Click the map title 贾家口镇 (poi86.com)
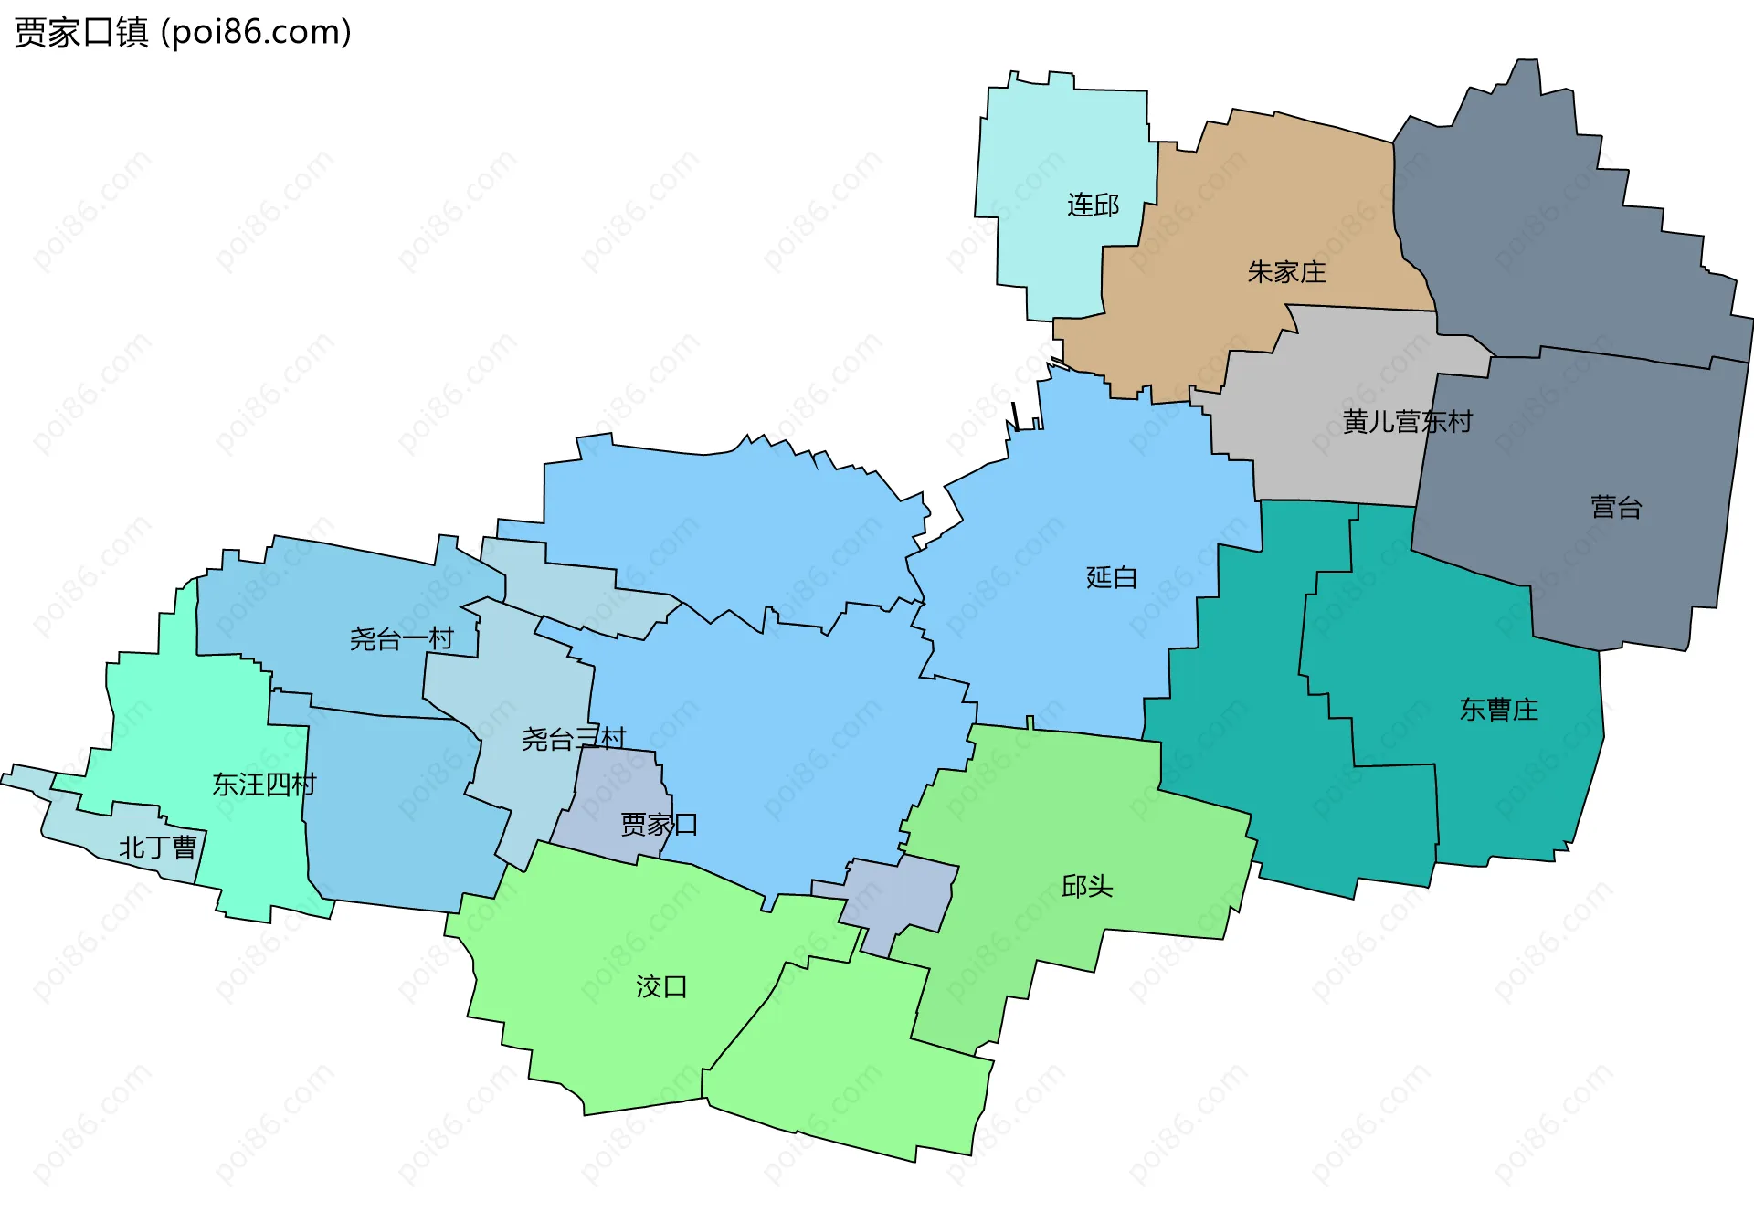pos(183,33)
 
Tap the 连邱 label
pos(1093,205)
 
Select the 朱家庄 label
pos(1286,272)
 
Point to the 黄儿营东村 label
pos(1407,422)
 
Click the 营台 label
pos(1616,508)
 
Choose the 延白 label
pos(1111,577)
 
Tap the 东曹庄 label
pos(1498,710)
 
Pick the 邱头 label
pos(1086,886)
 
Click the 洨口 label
pos(661,986)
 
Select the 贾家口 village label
pos(659,825)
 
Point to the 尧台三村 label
pos(574,739)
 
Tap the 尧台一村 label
pos(401,638)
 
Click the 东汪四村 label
pos(264,785)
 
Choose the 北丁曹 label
pos(157,848)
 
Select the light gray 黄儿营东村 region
pos(1334,457)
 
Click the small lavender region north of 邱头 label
pos(900,895)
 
